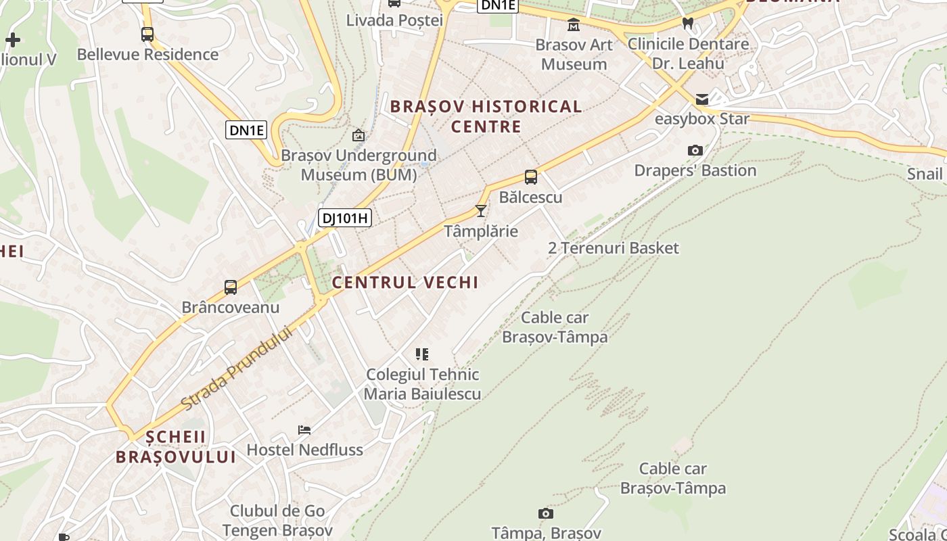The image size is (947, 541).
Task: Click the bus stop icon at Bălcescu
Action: [531, 177]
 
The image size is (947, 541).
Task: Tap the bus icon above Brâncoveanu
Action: [231, 287]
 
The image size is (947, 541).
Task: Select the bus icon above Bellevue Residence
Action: [147, 34]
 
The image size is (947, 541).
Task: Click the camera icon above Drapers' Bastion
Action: [695, 150]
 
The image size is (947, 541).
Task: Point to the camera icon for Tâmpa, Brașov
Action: [546, 514]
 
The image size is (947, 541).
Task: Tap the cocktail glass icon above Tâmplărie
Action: [480, 211]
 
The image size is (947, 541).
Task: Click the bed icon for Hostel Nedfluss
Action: [304, 430]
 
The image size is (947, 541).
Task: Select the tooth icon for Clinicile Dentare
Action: [688, 24]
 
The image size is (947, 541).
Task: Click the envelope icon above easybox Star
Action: [702, 99]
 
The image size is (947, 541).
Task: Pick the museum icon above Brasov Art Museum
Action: [574, 25]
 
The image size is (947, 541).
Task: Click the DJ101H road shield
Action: [345, 217]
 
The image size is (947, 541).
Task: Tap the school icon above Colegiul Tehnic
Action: [422, 354]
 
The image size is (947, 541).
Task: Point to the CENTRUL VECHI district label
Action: [405, 282]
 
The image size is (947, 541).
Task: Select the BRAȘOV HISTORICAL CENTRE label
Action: [486, 116]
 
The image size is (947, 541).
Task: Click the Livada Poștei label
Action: [394, 20]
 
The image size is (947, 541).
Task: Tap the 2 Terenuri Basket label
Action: [613, 248]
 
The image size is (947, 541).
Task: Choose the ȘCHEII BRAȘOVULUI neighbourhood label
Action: [175, 446]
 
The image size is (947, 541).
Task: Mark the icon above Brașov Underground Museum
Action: [359, 135]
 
